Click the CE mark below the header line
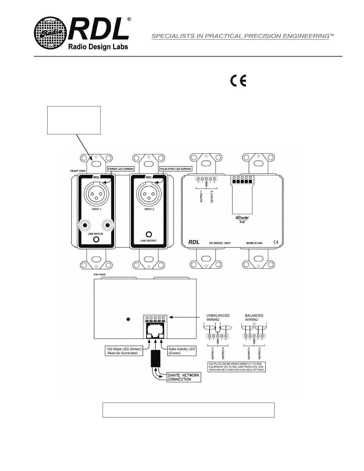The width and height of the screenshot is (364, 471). click(238, 81)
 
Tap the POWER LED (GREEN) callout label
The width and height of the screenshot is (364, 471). click(120, 169)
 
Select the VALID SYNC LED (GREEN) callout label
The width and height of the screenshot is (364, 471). click(175, 169)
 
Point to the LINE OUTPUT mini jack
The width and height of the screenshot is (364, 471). click(148, 234)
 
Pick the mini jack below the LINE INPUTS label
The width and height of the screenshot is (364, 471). click(96, 239)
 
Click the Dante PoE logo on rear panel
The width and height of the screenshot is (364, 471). click(242, 219)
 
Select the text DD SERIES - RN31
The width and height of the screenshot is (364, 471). click(220, 243)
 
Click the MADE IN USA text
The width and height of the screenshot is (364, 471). click(254, 243)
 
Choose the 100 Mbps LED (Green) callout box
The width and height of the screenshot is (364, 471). click(124, 351)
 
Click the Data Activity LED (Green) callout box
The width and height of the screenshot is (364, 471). click(182, 351)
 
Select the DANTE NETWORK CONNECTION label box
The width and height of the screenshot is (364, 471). click(183, 377)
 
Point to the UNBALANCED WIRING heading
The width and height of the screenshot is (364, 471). click(218, 318)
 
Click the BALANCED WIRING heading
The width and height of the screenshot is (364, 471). click(254, 318)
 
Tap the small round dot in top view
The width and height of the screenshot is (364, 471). click(128, 319)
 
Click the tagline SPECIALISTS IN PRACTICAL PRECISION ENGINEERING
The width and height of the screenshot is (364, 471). click(240, 36)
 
